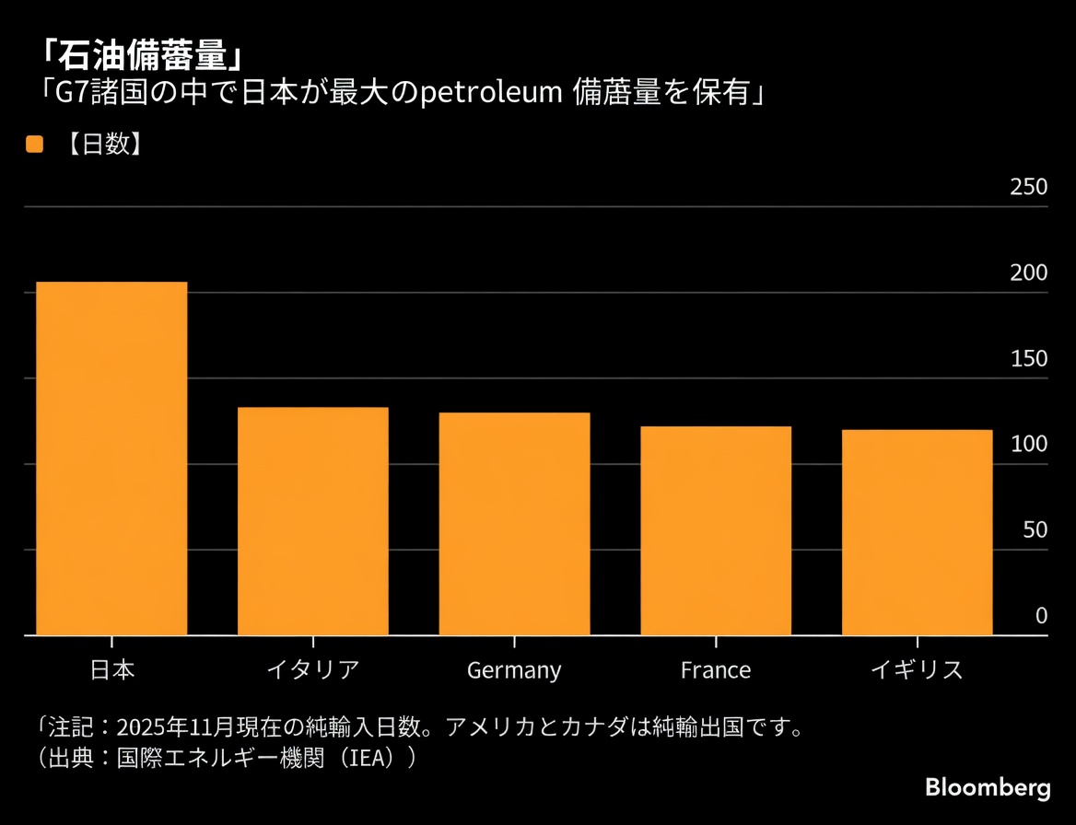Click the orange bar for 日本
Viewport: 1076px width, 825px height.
coord(111,459)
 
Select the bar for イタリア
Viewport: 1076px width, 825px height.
coord(313,521)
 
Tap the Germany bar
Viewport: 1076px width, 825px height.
coord(514,524)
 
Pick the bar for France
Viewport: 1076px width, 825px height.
coord(716,530)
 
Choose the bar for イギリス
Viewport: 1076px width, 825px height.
coord(918,532)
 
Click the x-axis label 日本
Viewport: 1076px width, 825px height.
coord(111,669)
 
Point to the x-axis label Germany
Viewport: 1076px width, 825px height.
coord(514,670)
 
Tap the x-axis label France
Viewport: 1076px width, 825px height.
coord(716,669)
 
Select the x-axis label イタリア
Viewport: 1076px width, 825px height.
coord(313,669)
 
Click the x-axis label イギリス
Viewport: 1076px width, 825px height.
coord(918,669)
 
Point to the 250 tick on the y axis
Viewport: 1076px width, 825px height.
coord(1029,187)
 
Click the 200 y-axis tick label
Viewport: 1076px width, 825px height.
coord(1029,273)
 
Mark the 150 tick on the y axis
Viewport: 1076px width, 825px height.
coord(1029,358)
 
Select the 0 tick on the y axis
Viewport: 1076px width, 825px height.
coord(1042,615)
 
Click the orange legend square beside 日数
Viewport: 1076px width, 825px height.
coord(34,145)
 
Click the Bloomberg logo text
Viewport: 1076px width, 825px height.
coord(988,788)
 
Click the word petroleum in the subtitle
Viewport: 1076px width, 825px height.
coord(492,93)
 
